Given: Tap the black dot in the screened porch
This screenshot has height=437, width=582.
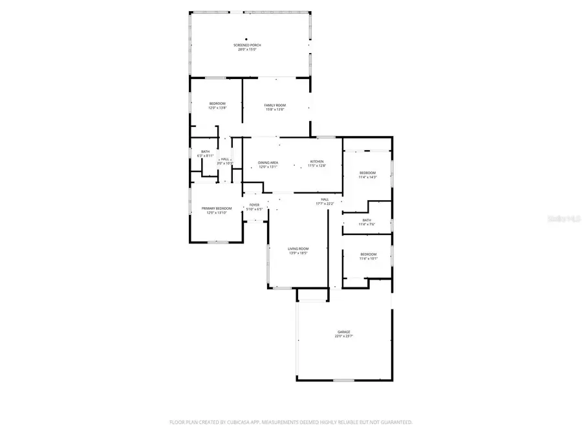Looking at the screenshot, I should click(x=246, y=39).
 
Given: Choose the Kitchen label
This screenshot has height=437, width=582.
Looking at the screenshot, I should click(x=316, y=161).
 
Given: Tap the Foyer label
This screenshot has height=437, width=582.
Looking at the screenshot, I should click(x=255, y=205).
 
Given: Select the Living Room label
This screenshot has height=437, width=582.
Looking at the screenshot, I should click(x=298, y=250).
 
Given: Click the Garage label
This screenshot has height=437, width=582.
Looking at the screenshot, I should click(x=343, y=332).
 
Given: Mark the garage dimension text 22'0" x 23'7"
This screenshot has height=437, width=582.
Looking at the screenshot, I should click(x=343, y=337).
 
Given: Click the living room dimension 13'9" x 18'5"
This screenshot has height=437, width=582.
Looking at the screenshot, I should click(x=298, y=254).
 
